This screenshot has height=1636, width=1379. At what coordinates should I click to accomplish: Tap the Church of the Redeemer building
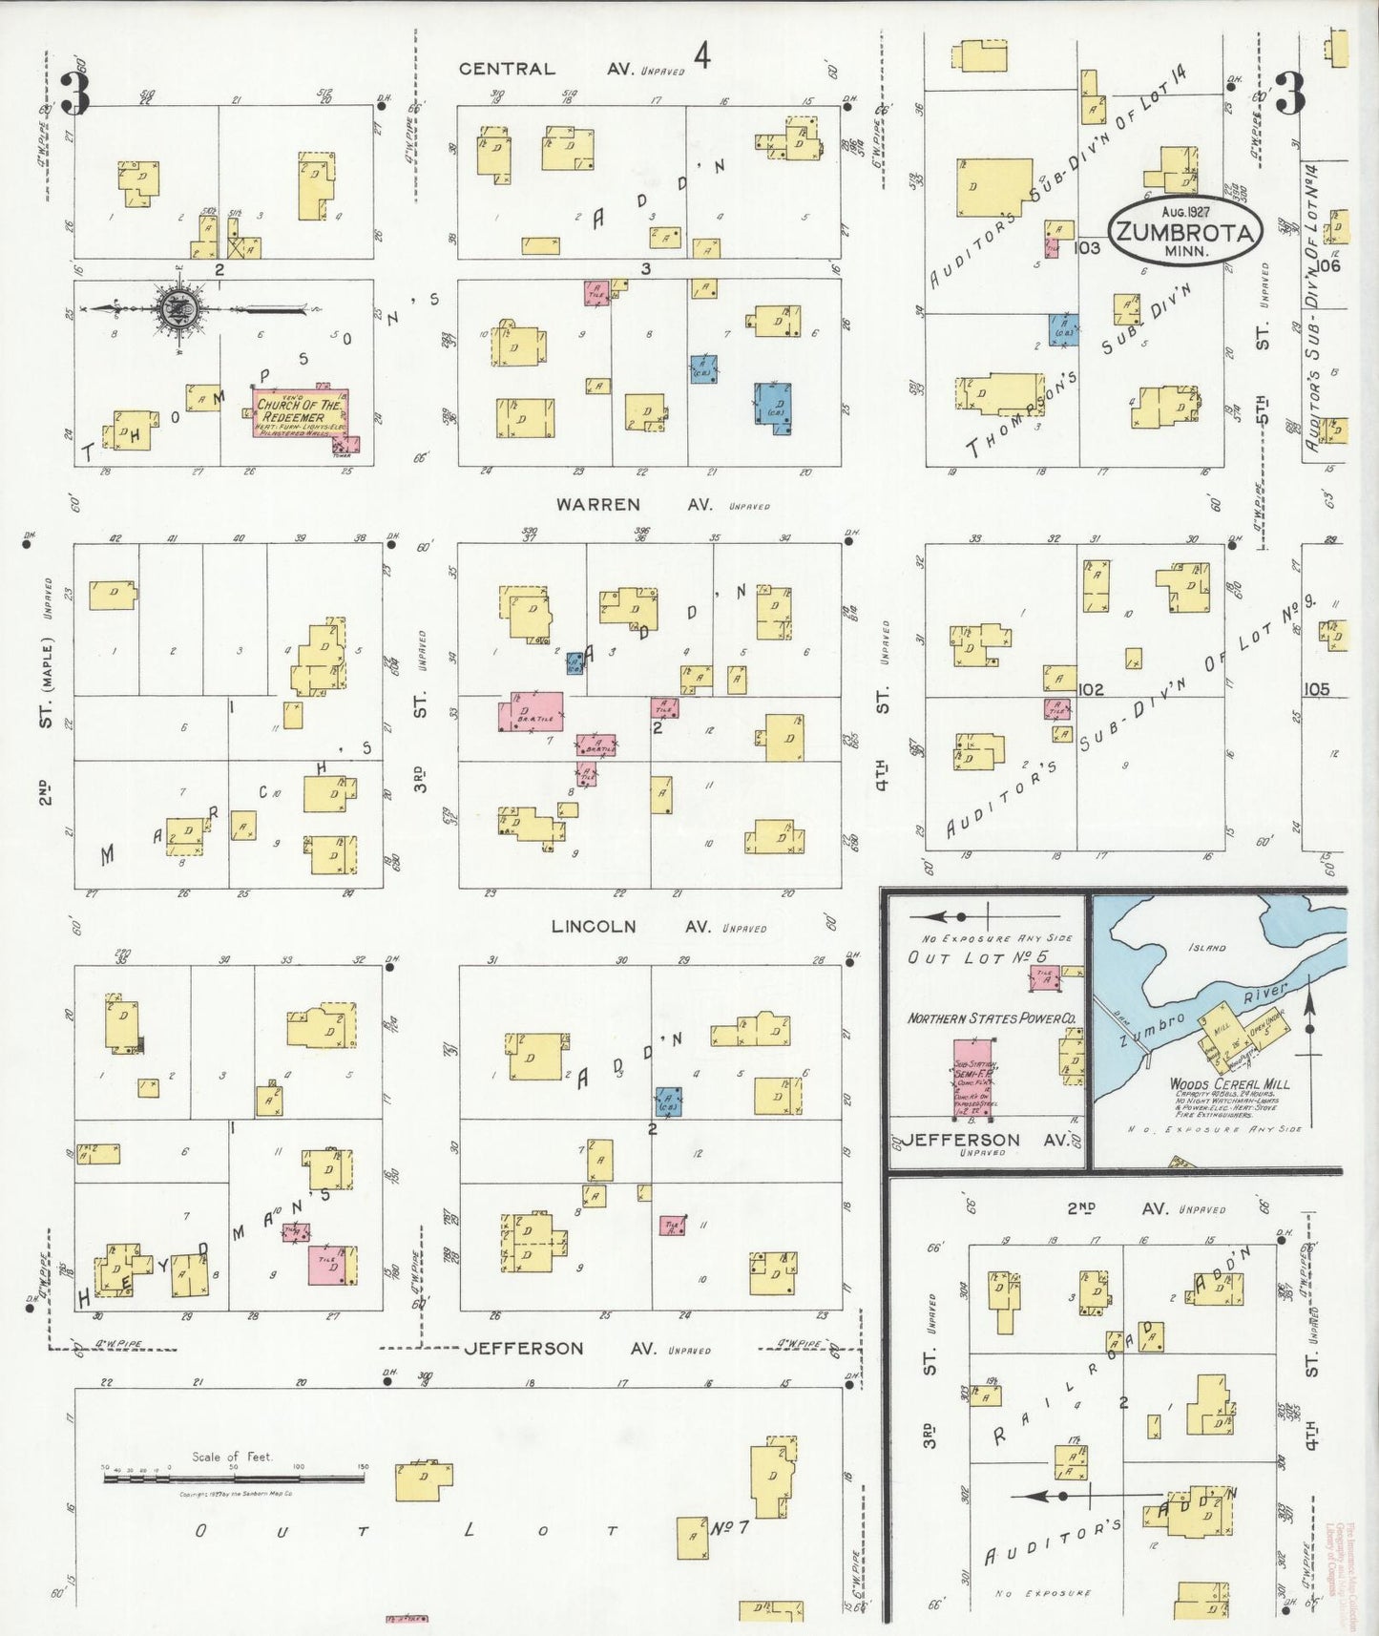point(300,412)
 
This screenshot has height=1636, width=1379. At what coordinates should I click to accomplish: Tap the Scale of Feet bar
point(234,1479)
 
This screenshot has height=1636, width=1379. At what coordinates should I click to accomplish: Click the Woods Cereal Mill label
point(1229,1083)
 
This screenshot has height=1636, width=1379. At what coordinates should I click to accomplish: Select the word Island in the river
point(1206,947)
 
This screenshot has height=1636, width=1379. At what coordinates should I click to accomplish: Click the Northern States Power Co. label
point(991,1018)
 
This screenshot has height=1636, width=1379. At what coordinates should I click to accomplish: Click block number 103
point(1086,248)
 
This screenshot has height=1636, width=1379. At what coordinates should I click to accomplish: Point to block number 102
point(1090,689)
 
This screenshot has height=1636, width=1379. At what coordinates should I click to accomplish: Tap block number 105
point(1316,689)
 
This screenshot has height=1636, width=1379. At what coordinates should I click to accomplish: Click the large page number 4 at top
point(702,57)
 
